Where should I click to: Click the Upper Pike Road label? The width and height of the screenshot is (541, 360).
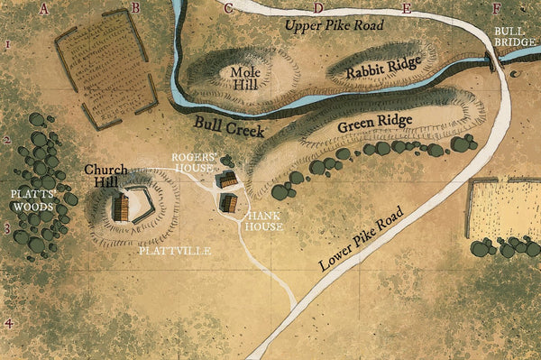pyautogui.click(x=335, y=25)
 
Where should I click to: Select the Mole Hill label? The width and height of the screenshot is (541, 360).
pyautogui.click(x=245, y=78)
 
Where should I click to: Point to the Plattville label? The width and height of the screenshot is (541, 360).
pyautogui.click(x=176, y=251)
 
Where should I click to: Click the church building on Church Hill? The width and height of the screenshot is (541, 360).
pyautogui.click(x=121, y=208)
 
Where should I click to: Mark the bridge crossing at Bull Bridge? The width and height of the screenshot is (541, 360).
pyautogui.click(x=491, y=60)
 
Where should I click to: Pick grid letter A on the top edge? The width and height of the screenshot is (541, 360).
pyautogui.click(x=44, y=8)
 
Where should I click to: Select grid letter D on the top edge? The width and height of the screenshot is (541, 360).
pyautogui.click(x=317, y=8)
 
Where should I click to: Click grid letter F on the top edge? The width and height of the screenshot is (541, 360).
pyautogui.click(x=497, y=8)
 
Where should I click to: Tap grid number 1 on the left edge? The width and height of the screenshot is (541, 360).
pyautogui.click(x=7, y=43)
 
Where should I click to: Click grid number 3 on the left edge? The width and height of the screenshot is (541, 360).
pyautogui.click(x=7, y=229)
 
